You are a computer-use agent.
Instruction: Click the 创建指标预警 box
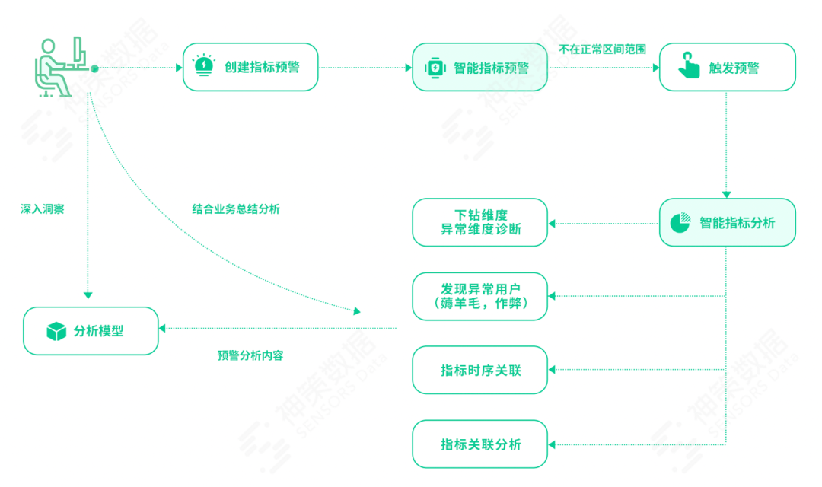point(250,67)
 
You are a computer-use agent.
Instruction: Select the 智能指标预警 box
point(479,67)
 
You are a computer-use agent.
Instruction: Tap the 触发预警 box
point(727,67)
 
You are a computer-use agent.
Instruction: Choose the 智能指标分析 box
point(727,222)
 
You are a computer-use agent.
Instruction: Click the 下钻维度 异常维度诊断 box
point(479,222)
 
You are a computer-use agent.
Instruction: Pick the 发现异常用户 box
point(479,296)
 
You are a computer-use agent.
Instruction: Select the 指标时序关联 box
point(479,370)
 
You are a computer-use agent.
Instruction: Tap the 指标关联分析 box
point(479,444)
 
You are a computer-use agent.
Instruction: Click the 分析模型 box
point(91,330)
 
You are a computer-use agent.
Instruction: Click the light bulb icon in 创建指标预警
point(204,65)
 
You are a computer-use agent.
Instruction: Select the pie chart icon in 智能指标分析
point(680,222)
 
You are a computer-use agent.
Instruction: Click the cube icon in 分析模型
point(56,331)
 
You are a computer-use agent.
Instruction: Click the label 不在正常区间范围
point(602,49)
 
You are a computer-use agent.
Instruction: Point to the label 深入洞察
point(42,208)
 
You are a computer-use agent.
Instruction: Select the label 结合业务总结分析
point(236,208)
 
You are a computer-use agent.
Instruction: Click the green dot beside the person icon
point(94,68)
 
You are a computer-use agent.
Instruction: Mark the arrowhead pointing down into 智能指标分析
point(727,194)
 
